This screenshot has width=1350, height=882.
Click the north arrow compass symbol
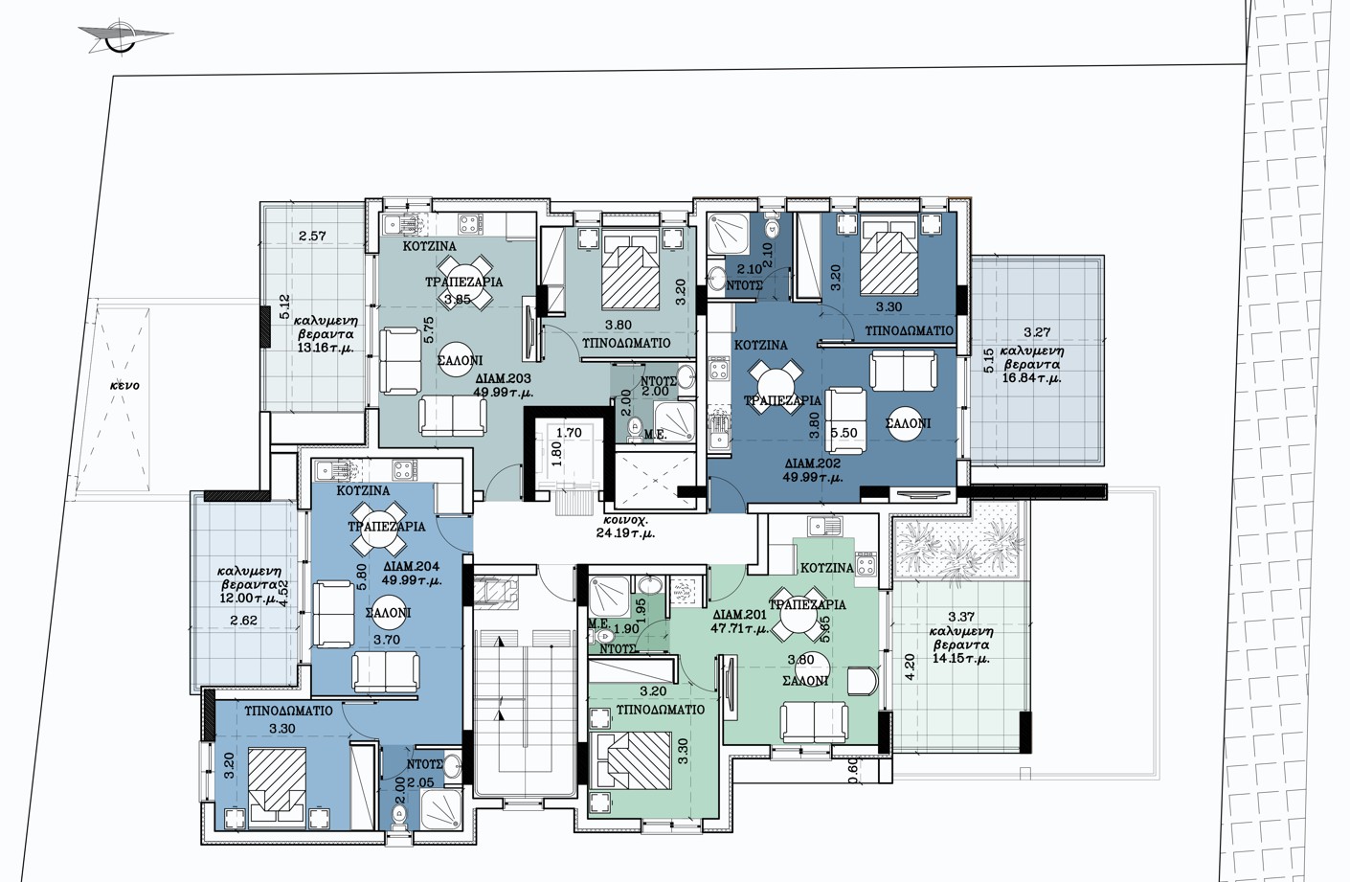tap(125, 36)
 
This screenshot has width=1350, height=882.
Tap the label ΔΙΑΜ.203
tap(504, 379)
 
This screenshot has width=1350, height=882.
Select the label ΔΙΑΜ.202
tap(813, 464)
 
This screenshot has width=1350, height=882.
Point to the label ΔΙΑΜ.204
tap(412, 567)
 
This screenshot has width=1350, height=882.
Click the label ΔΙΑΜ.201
tap(739, 615)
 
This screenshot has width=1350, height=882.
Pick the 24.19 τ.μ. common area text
tap(625, 533)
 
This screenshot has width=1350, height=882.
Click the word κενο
tap(124, 385)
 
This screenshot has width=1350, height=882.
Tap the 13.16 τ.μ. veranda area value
tap(326, 348)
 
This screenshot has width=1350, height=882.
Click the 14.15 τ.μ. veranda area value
tap(960, 659)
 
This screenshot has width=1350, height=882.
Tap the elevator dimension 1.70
tap(569, 432)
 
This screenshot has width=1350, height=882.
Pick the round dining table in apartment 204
tap(378, 530)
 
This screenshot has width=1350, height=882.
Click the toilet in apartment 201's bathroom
tap(602, 636)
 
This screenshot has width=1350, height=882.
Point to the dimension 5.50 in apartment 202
tap(844, 433)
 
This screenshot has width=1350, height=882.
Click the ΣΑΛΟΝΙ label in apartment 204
tap(389, 613)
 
